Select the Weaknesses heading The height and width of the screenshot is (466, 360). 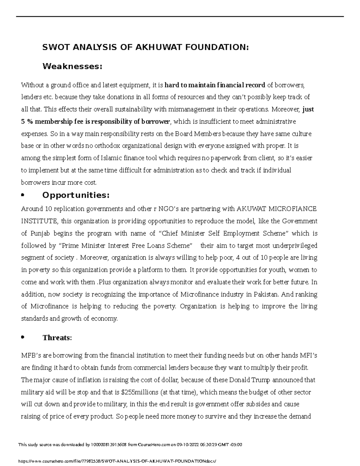tap(72, 66)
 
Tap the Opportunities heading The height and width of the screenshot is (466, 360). tap(76, 195)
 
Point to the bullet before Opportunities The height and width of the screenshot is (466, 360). tap(22, 196)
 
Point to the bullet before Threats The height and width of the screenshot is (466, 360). tap(22, 338)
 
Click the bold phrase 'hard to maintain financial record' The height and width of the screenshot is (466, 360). tap(215, 85)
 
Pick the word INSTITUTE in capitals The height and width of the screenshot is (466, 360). tap(39, 221)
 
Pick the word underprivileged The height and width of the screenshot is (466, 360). tap(295, 246)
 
